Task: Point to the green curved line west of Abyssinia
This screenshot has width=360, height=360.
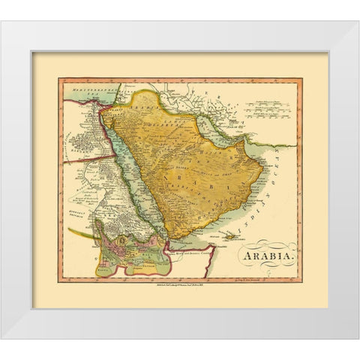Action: (x=81, y=232)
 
